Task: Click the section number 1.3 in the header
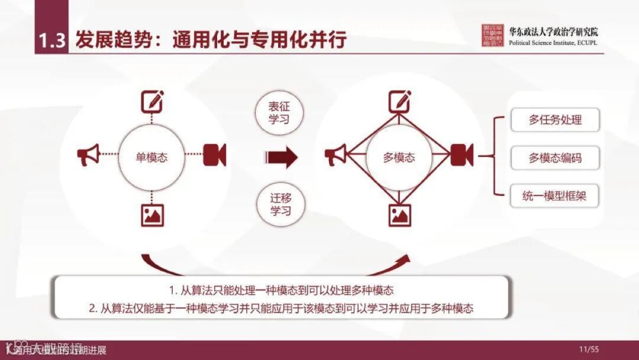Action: pos(51,41)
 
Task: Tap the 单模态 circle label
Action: pos(151,157)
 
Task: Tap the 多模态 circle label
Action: pos(399,157)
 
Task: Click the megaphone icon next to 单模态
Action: pos(89,156)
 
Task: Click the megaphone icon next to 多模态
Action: pos(336,156)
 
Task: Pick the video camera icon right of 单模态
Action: pos(214,155)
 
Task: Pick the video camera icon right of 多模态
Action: pos(461,155)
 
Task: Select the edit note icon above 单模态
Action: pos(151,102)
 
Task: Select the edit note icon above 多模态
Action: pos(399,102)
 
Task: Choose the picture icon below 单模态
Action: pos(152,215)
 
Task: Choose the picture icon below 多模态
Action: pos(399,215)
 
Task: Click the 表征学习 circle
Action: pos(280,112)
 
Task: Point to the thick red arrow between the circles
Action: pos(281,157)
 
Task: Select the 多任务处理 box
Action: pos(555,120)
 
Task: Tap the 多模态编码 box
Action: pos(555,158)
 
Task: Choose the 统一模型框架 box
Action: pos(555,196)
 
